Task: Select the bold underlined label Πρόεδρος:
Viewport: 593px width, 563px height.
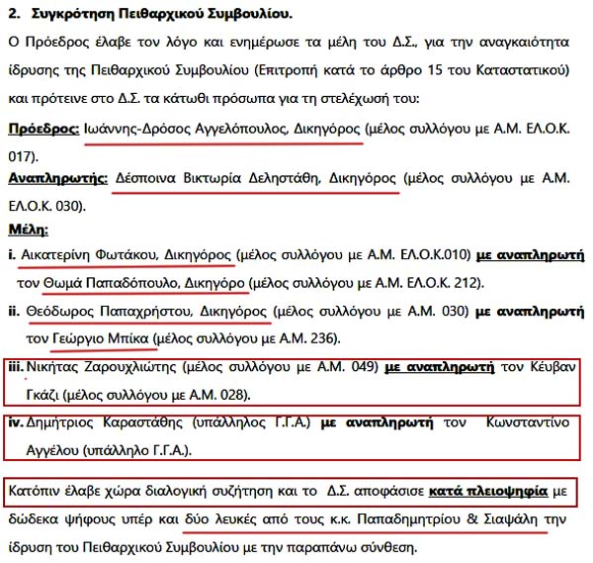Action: tap(42, 130)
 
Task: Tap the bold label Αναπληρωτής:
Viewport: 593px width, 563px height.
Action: tap(55, 180)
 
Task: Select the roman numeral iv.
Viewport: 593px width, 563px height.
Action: tap(15, 425)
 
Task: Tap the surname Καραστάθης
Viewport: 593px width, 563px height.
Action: tap(147, 425)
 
